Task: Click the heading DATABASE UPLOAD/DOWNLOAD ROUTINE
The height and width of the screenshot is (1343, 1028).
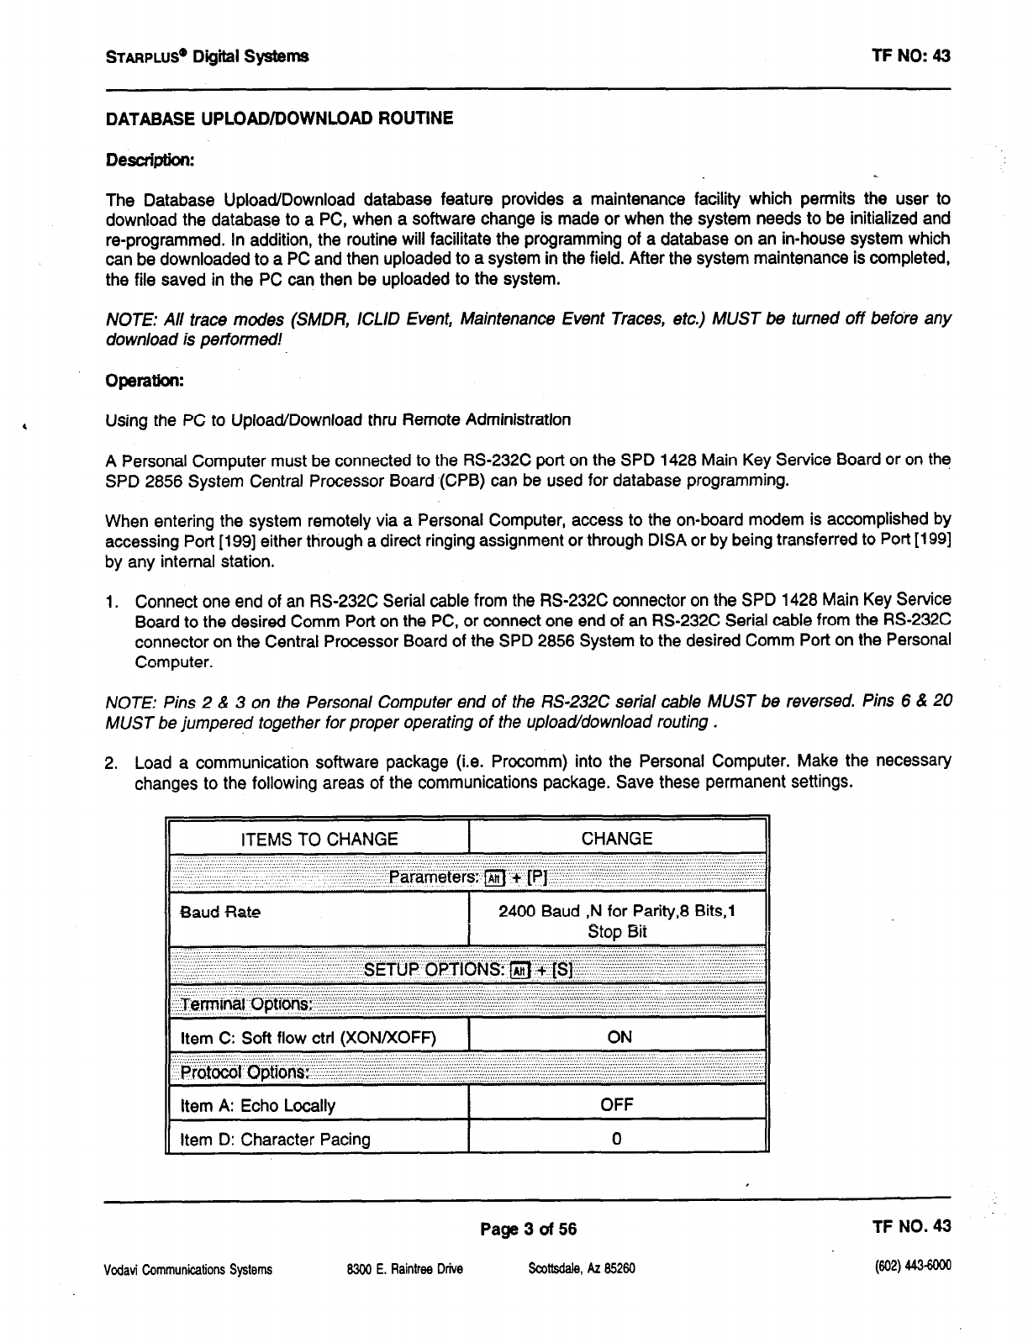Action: [x=279, y=118]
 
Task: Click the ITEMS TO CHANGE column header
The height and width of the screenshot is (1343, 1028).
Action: [x=319, y=839]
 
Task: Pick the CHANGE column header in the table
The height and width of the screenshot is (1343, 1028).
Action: [x=617, y=839]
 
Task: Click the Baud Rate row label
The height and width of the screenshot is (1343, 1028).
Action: [x=221, y=912]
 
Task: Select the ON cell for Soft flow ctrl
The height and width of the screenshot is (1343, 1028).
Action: [x=619, y=1037]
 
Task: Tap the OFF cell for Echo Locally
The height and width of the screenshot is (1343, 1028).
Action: [x=617, y=1105]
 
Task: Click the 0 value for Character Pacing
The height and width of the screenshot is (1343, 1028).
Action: [x=617, y=1140]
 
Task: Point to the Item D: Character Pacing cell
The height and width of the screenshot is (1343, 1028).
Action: [x=275, y=1140]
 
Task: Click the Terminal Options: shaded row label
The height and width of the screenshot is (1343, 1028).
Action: [x=246, y=1004]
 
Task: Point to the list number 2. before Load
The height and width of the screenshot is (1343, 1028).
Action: [x=111, y=764]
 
